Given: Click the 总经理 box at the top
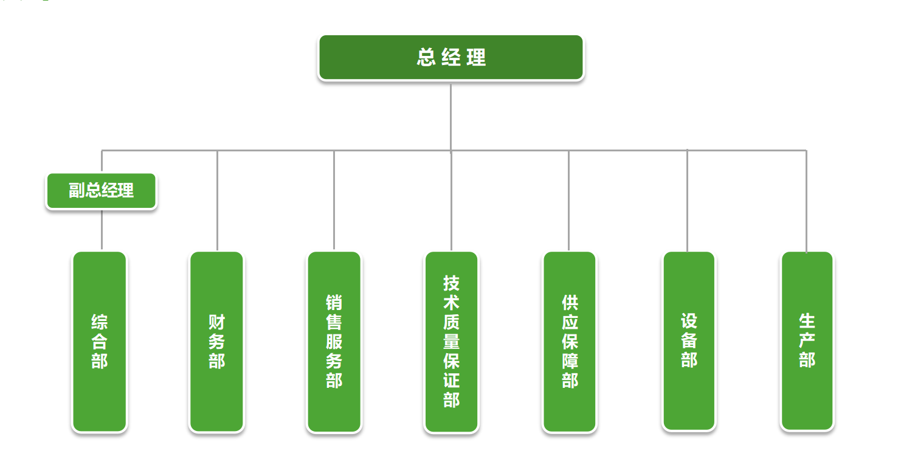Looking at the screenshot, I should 450,58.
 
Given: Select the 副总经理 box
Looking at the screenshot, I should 102,191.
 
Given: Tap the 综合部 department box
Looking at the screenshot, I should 100,342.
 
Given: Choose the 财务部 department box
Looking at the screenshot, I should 217,342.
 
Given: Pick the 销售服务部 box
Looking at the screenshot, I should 334,342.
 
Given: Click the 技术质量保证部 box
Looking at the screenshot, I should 451,342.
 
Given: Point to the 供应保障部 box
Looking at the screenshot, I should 570,342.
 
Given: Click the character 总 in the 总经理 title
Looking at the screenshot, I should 426,58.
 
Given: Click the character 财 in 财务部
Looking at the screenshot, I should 217,322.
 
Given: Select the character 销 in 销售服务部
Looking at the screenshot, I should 334,303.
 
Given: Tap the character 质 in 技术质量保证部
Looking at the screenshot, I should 451,322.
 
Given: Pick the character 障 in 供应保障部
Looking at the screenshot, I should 570,361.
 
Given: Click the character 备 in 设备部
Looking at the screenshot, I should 689,340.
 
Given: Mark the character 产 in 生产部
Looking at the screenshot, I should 807,340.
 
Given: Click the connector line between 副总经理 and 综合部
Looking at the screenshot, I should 102,230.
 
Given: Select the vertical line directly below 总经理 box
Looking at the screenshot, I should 450,116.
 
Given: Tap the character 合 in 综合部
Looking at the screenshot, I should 100,342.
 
